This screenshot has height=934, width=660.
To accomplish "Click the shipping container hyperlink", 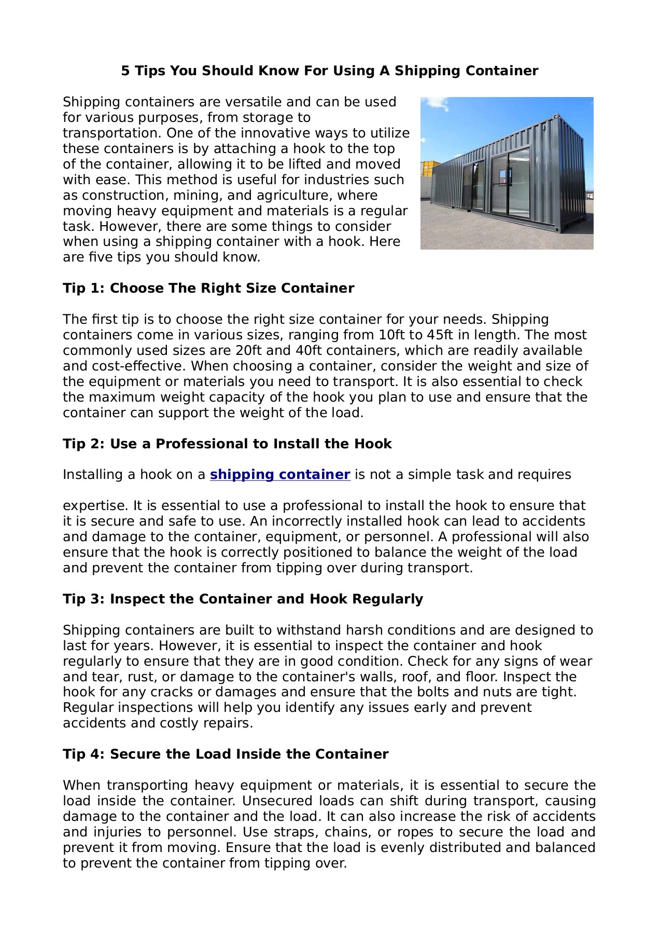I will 280,475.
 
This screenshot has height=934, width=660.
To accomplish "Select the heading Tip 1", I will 208,289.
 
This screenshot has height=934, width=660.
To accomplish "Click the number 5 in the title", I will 125,71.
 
